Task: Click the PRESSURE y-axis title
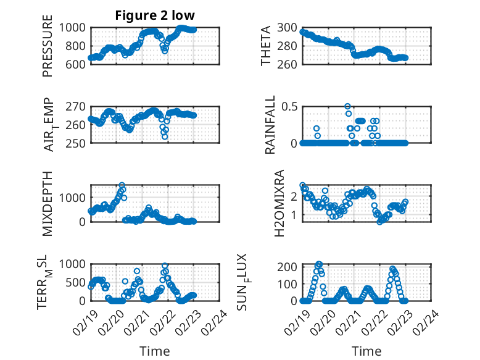[x=48, y=46]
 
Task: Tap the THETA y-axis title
[x=266, y=46]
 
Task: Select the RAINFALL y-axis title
[x=270, y=124]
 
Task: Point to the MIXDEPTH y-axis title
[x=48, y=203]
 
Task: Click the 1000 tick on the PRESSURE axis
[x=75, y=27]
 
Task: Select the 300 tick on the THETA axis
[x=288, y=27]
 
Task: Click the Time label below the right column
[x=366, y=351]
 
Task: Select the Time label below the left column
[x=155, y=351]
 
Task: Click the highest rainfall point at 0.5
[x=347, y=106]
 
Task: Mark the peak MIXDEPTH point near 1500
[x=122, y=185]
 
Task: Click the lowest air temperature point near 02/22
[x=165, y=137]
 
